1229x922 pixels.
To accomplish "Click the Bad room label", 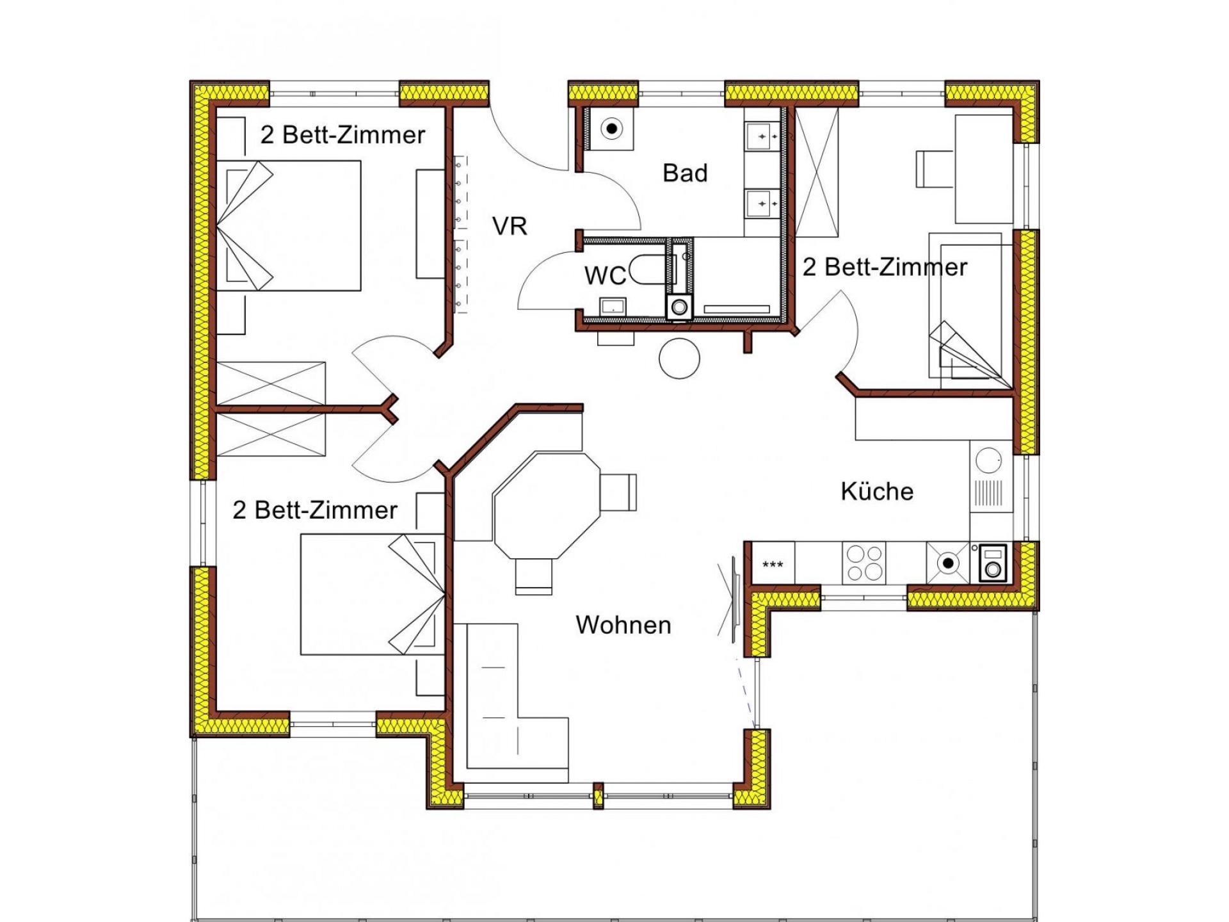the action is tap(685, 173).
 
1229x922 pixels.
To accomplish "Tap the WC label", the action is tap(605, 275).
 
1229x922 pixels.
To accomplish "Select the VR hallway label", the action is tap(510, 226).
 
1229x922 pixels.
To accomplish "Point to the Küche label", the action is tap(877, 491).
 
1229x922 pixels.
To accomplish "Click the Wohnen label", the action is tap(623, 625).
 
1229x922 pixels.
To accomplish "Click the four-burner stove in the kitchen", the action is tap(864, 563).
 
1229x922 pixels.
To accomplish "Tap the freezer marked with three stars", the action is tap(773, 563).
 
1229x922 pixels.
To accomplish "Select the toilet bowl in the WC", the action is tap(648, 270).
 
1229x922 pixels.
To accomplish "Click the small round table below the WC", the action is tap(679, 358).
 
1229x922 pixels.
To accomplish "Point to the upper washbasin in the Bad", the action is tap(762, 136).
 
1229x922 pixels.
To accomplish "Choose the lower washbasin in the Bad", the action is tap(762, 204).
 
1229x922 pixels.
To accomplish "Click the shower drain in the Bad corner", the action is tap(612, 129).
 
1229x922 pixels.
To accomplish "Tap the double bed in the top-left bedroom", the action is tap(289, 225).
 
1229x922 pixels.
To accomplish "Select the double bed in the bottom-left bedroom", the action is tap(373, 595).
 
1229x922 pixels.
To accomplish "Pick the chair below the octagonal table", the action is tap(533, 576).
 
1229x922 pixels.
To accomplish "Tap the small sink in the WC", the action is tap(613, 307).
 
